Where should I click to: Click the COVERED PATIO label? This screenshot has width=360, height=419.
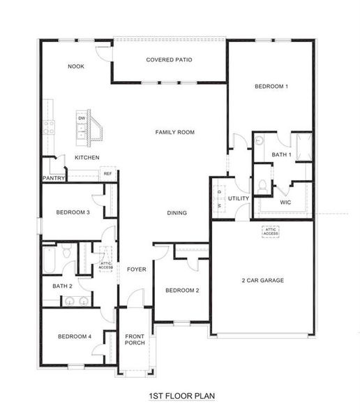tap(169, 59)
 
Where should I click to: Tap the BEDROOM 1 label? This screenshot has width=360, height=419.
tap(271, 86)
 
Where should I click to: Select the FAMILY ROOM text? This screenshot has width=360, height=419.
tap(174, 132)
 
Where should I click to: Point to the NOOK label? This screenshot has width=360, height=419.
tap(76, 67)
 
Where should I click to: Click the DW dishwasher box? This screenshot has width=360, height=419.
tap(82, 119)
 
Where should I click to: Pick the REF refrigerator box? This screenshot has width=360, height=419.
tap(108, 174)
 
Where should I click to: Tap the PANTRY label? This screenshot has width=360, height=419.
tap(54, 178)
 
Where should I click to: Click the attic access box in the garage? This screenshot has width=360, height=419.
tap(271, 231)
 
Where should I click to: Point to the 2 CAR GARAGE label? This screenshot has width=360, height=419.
tap(262, 281)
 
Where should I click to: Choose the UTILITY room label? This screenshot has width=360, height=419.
tap(239, 198)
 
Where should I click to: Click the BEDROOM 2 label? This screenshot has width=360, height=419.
tap(182, 290)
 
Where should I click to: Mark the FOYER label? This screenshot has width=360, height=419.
tap(136, 269)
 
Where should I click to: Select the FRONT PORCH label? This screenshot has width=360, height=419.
tap(134, 340)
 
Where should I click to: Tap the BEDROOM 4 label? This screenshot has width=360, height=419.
tap(74, 337)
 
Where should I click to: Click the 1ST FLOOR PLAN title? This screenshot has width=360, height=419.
tap(181, 396)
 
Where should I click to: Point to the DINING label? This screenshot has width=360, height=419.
tap(177, 212)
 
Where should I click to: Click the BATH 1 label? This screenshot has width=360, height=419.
tap(281, 155)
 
